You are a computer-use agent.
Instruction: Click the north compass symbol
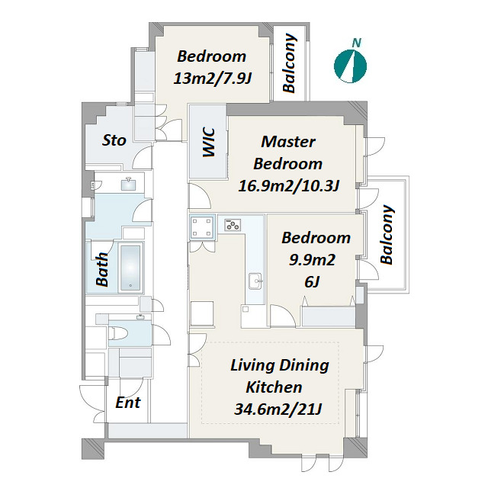(x=350, y=66)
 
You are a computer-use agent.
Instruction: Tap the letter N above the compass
(x=357, y=43)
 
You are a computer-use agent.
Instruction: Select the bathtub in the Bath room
(x=130, y=268)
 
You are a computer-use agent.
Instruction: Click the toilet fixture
(x=120, y=334)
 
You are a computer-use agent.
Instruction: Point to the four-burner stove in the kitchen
(x=203, y=227)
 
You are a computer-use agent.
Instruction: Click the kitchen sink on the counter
(x=256, y=281)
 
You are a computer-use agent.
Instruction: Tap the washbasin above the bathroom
(x=128, y=184)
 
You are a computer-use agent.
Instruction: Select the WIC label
(x=208, y=143)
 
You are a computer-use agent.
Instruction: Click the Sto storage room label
(x=114, y=140)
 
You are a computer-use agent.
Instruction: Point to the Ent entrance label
(x=128, y=403)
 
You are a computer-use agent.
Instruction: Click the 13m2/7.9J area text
(x=213, y=79)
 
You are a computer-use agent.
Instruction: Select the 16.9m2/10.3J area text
(x=288, y=186)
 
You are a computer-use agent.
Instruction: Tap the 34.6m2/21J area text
(x=278, y=409)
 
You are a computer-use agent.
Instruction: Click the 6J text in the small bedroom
(x=312, y=282)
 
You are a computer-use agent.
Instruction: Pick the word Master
(x=288, y=142)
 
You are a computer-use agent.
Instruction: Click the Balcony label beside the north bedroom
(x=289, y=63)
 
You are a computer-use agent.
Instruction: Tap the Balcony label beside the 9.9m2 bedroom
(x=387, y=235)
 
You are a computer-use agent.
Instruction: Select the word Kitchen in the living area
(x=274, y=387)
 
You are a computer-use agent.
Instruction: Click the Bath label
(x=102, y=269)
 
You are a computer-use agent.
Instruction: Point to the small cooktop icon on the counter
(x=233, y=225)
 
